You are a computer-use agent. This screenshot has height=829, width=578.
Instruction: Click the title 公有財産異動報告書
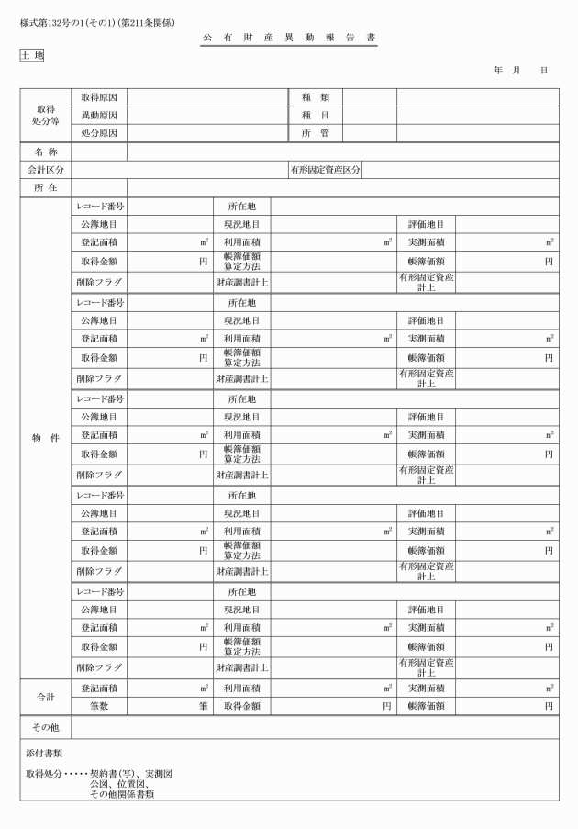289,38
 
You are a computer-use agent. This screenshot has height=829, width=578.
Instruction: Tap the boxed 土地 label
31,55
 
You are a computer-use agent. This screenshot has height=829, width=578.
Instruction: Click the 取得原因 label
99,97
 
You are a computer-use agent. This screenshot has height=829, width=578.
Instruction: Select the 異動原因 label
99,116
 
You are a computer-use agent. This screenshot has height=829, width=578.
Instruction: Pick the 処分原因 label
99,133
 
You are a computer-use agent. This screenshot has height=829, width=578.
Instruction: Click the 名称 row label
46,151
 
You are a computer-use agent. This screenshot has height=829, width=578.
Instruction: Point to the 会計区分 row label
46,170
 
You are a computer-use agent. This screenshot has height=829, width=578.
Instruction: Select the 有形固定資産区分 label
325,170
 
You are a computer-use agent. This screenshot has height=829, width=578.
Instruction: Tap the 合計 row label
46,697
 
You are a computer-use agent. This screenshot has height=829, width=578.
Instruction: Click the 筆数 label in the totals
99,706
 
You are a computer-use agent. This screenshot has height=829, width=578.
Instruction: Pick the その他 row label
46,727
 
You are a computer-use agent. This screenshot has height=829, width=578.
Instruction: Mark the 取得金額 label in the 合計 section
241,706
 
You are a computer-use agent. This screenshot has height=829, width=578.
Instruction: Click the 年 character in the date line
497,70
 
